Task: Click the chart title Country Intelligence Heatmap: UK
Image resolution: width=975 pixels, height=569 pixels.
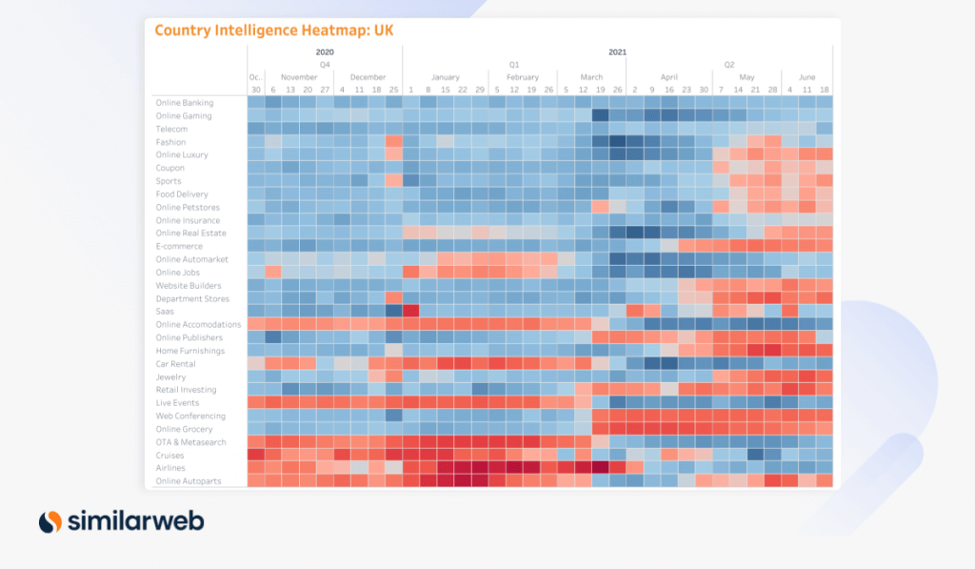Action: (x=273, y=30)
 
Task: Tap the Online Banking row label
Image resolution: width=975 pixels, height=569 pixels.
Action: (x=185, y=103)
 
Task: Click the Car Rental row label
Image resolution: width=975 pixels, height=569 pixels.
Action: (x=175, y=364)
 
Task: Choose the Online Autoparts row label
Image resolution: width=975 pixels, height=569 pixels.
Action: (x=189, y=481)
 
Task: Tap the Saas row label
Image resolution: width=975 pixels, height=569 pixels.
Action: (x=165, y=312)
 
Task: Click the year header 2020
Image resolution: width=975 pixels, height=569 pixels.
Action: (x=325, y=52)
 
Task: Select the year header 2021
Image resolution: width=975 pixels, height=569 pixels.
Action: (x=617, y=52)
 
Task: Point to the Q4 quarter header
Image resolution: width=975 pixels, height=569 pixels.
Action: (x=325, y=65)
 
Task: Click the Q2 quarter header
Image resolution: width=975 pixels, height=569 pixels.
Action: (x=729, y=65)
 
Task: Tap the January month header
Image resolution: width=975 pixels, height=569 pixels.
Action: (x=445, y=77)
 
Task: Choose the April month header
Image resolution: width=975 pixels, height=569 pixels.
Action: (x=669, y=77)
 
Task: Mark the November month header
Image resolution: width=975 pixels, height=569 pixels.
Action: (x=299, y=77)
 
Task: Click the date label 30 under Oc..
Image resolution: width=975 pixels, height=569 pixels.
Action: (x=255, y=90)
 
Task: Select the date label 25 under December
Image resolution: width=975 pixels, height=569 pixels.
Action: (x=393, y=90)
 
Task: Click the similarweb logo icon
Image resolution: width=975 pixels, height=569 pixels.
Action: (x=50, y=521)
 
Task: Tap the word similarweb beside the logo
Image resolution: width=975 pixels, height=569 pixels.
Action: (x=135, y=521)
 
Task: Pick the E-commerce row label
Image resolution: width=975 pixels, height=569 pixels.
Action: (x=179, y=247)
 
